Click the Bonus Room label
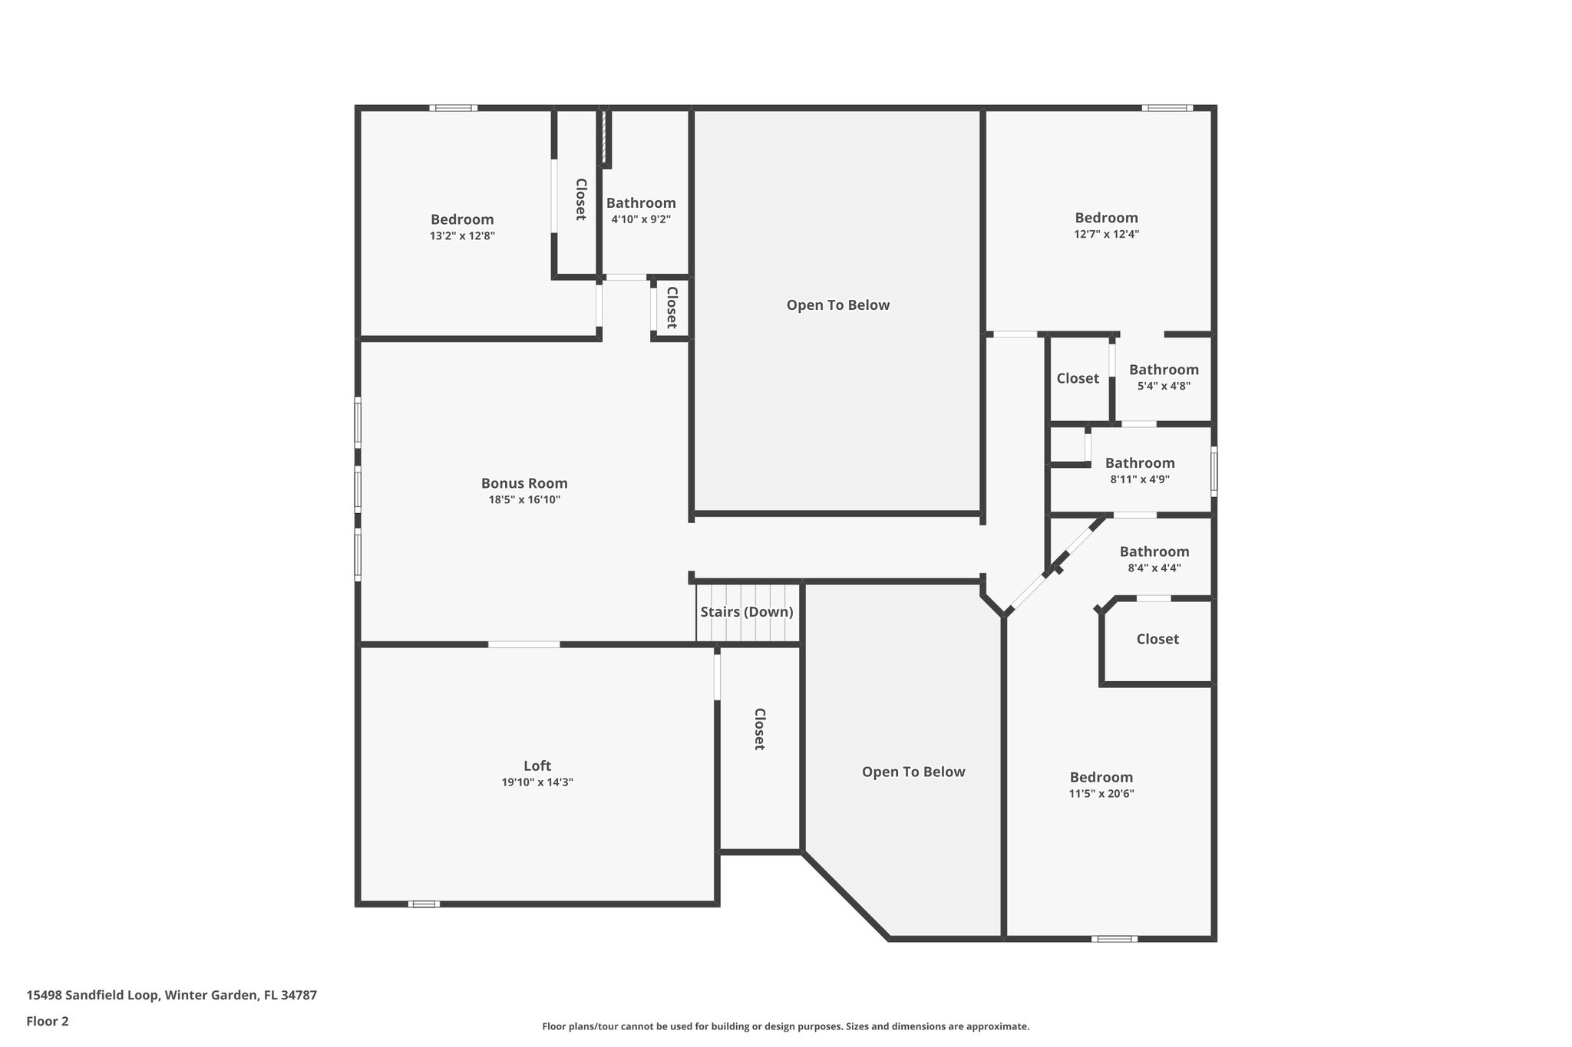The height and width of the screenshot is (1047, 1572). (524, 483)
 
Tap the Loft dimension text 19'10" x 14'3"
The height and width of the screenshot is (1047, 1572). (537, 782)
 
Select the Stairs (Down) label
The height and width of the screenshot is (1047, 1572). (746, 612)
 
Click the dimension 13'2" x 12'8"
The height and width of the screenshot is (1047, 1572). (462, 236)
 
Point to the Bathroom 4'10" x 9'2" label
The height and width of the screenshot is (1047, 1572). (641, 203)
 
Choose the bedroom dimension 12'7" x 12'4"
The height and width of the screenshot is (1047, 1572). (1106, 235)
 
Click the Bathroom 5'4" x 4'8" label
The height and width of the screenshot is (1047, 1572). (1164, 370)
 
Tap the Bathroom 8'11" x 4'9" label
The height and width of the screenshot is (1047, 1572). (1140, 463)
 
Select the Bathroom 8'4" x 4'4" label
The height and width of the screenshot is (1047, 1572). (1154, 551)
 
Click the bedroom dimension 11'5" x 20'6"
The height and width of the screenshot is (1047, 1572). (1101, 794)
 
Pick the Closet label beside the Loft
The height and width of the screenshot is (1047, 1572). (759, 729)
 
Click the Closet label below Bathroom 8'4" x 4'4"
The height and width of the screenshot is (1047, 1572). (1158, 639)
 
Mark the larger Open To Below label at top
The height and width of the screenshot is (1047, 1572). (838, 305)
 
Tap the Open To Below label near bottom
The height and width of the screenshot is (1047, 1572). (913, 772)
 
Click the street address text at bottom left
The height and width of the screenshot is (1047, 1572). (172, 995)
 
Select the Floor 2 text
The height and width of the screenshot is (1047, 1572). (48, 1021)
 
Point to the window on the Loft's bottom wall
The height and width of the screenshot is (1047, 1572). (424, 904)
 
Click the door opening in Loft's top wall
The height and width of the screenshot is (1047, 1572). (524, 644)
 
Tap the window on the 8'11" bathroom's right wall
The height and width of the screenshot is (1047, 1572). (1214, 469)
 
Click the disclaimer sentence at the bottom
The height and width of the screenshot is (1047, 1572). (785, 1026)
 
